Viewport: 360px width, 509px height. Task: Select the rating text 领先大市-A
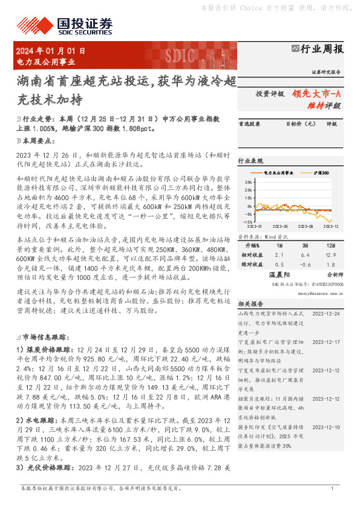317,94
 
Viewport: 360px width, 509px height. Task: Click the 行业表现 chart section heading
250,161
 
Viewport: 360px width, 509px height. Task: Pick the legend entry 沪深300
321,173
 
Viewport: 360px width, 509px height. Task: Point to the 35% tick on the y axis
249,181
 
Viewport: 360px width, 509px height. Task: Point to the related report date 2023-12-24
326,314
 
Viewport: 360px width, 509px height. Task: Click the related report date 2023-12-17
326,342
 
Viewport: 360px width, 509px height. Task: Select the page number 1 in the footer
332,488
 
